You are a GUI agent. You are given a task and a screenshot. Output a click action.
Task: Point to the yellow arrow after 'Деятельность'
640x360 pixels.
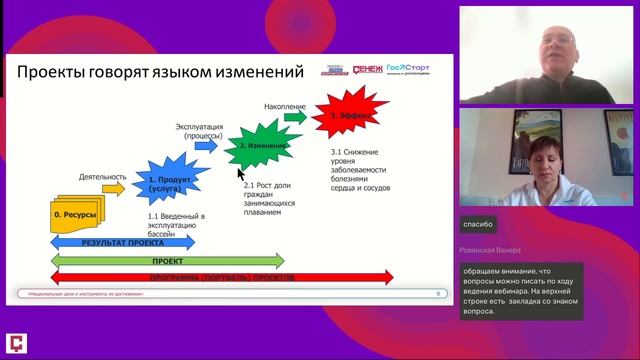(113, 187)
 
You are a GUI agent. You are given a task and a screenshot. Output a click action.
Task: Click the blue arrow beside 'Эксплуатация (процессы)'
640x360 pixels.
(206, 144)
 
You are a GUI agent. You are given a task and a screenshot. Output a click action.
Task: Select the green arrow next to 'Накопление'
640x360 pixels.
(295, 116)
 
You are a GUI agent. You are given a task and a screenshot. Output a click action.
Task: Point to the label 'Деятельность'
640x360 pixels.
(101, 175)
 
